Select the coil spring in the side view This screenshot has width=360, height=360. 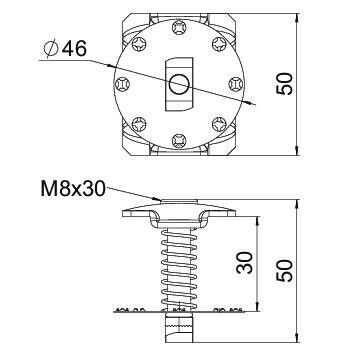(176, 263)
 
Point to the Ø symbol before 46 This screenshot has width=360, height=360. (50, 47)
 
